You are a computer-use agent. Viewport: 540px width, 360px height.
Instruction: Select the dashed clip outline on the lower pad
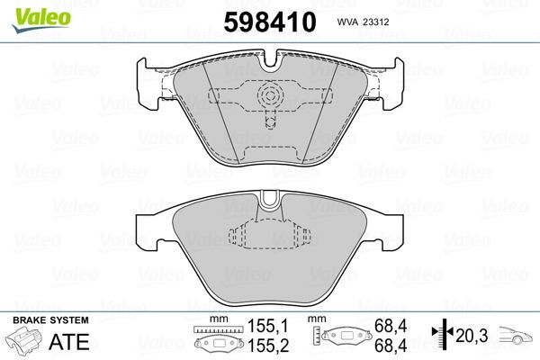(x=270, y=236)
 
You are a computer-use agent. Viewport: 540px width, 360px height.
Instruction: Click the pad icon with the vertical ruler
(x=345, y=337)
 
